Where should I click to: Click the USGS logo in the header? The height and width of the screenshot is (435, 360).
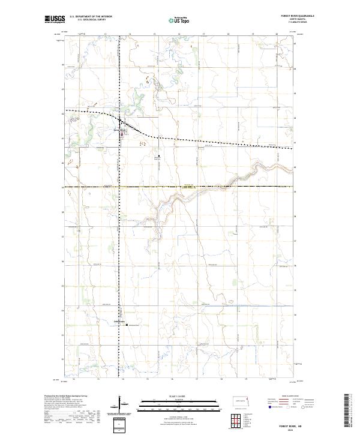tap(55, 19)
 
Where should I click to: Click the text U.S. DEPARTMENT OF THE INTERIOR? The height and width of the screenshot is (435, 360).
tap(91, 17)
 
